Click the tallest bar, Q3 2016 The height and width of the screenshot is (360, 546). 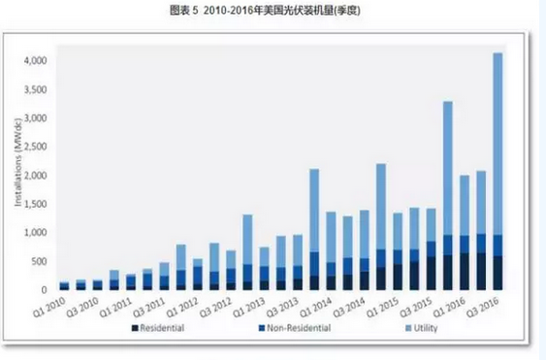498,146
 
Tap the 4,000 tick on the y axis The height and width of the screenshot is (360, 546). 34,61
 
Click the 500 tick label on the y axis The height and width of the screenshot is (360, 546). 38,261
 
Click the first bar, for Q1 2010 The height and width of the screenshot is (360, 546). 65,285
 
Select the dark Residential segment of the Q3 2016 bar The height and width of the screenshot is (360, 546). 498,273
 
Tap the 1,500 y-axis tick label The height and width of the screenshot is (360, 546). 34,204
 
